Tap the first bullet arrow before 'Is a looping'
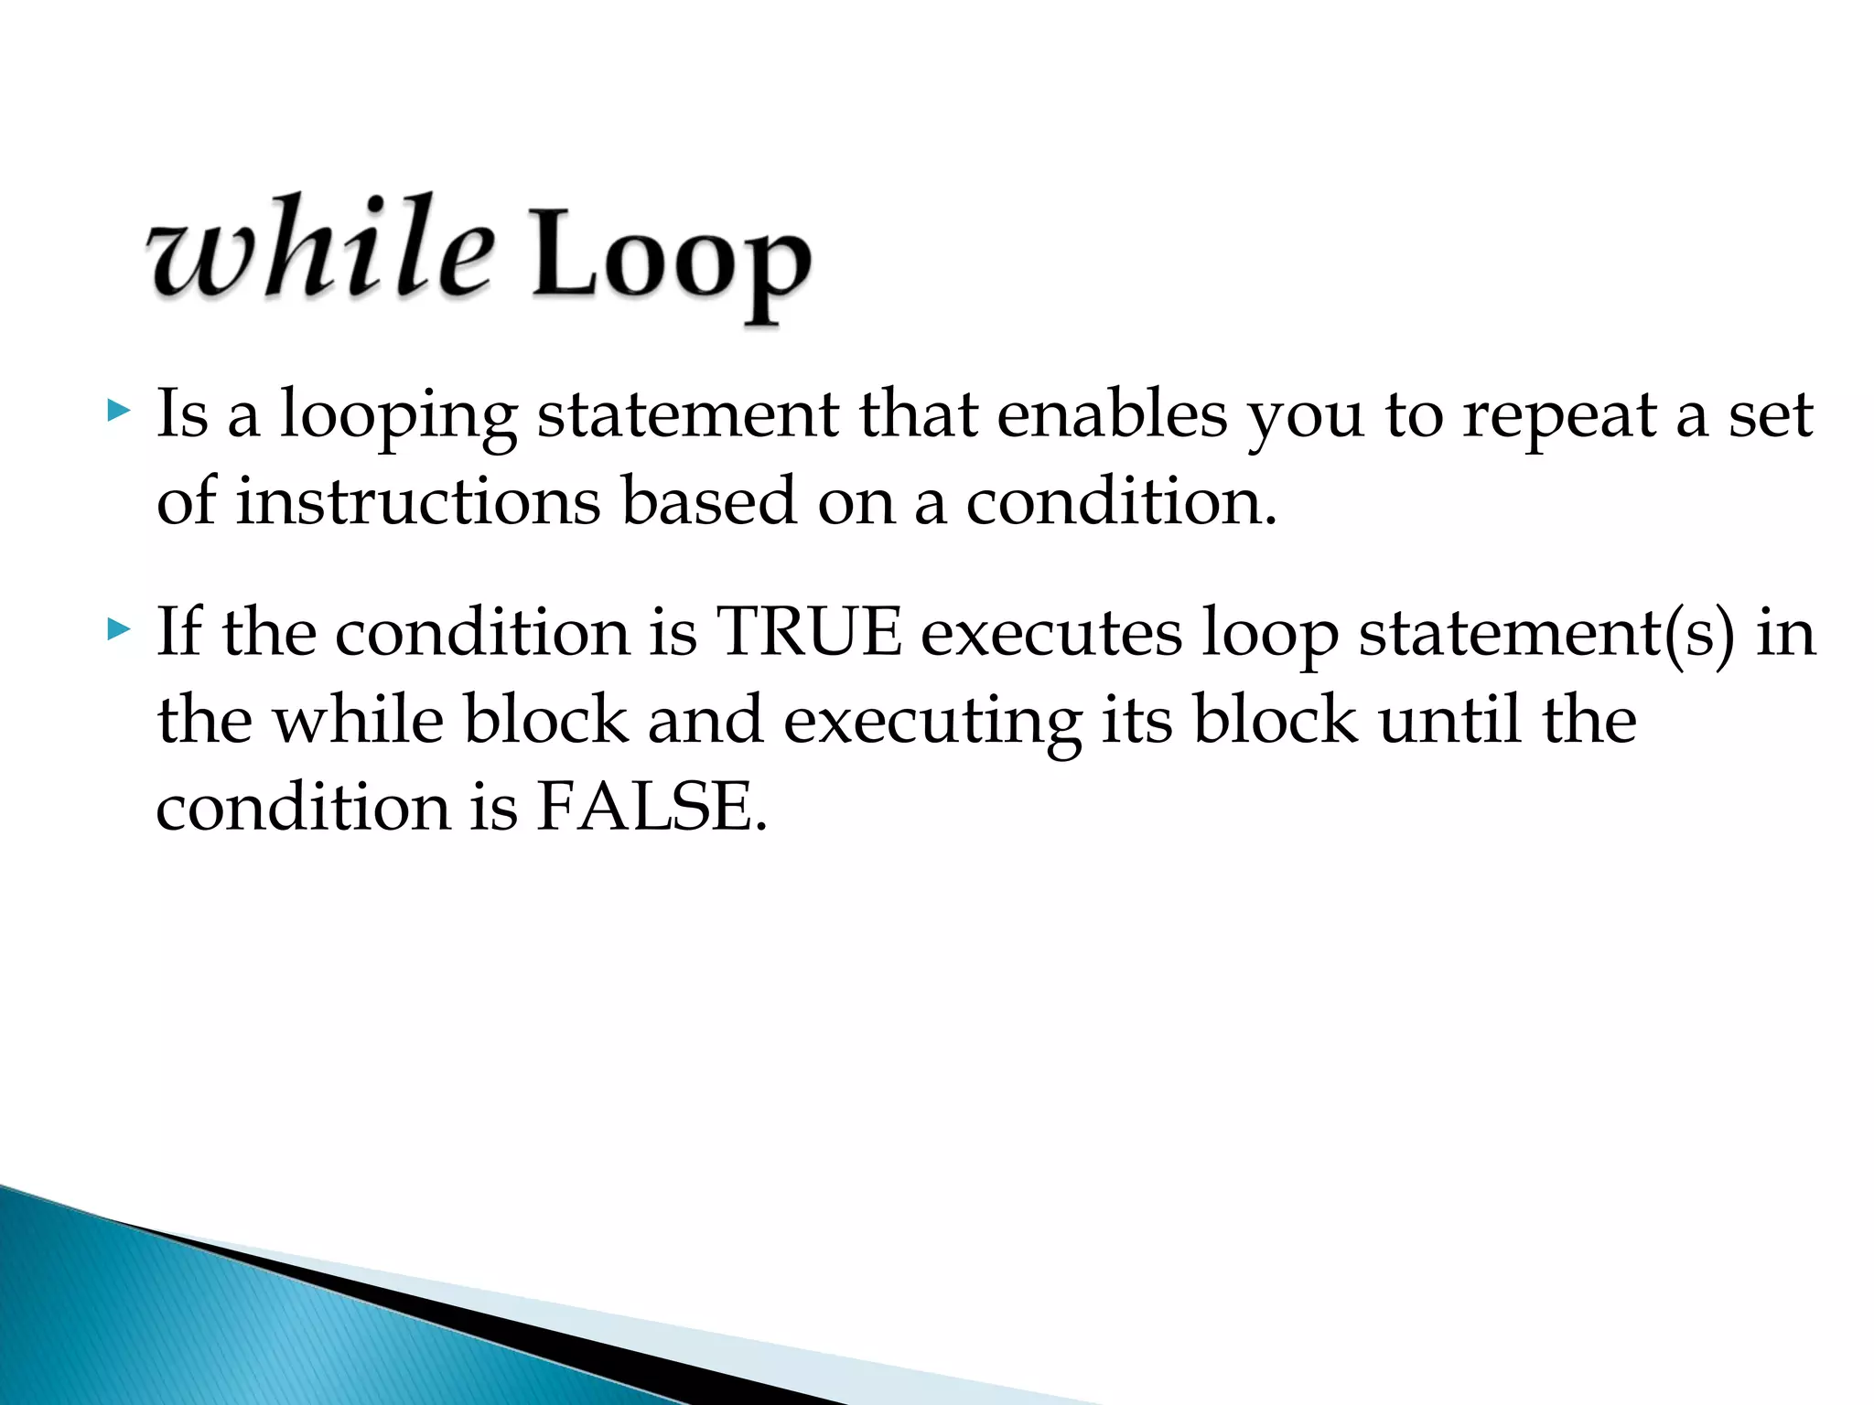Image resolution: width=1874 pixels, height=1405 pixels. tap(119, 411)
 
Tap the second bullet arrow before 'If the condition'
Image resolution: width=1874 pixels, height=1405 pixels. tap(119, 628)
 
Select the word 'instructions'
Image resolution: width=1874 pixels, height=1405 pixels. tap(418, 502)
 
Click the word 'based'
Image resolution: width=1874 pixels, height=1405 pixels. tap(708, 502)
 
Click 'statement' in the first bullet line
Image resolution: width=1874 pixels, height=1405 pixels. tap(687, 416)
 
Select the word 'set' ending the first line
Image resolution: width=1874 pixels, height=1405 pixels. tap(1771, 416)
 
